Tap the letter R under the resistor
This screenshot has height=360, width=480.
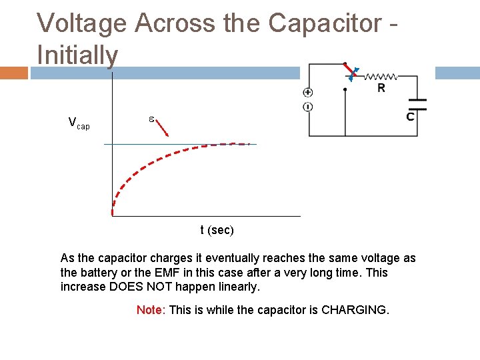pyautogui.click(x=381, y=88)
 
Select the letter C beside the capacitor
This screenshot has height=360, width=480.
pyautogui.click(x=411, y=117)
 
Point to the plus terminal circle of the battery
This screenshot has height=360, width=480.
pyautogui.click(x=308, y=93)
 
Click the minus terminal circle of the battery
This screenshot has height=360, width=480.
pyautogui.click(x=308, y=107)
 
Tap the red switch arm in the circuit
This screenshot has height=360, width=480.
pyautogui.click(x=348, y=70)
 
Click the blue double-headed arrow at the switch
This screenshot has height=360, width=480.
pyautogui.click(x=353, y=75)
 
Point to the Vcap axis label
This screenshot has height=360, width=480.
pyautogui.click(x=79, y=123)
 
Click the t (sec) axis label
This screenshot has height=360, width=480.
pyautogui.click(x=217, y=231)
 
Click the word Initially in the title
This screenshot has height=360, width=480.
pyautogui.click(x=77, y=55)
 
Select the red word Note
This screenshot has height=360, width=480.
pyautogui.click(x=150, y=310)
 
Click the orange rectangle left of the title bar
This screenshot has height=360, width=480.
pyautogui.click(x=14, y=73)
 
